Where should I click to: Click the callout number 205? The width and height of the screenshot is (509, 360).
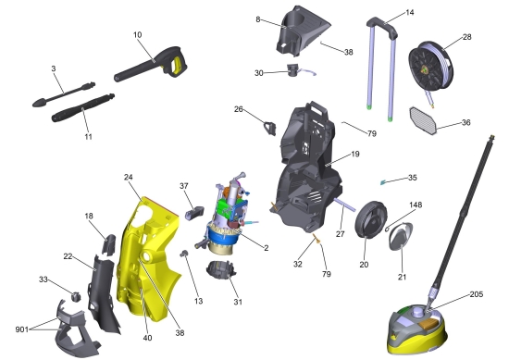(x=477, y=294)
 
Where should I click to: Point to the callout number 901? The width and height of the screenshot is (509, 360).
(x=22, y=329)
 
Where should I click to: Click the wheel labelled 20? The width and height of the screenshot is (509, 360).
(x=371, y=219)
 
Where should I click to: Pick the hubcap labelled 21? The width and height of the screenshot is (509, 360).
(x=401, y=236)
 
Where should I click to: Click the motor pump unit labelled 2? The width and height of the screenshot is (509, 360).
(x=226, y=215)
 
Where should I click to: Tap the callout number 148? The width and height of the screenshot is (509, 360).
(x=416, y=205)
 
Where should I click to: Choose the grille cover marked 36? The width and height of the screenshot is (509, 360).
(x=424, y=120)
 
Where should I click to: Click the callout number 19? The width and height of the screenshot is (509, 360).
(x=355, y=154)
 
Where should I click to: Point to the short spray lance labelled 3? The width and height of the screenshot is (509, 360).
(x=64, y=94)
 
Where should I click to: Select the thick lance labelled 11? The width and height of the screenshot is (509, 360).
(x=83, y=107)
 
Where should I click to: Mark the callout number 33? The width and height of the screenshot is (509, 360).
(x=43, y=279)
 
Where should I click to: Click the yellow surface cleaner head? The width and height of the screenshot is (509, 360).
(x=417, y=329)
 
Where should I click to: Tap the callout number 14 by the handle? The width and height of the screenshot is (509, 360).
(x=410, y=13)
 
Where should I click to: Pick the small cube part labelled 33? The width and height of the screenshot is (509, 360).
(x=76, y=296)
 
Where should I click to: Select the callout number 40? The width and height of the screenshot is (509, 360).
(x=147, y=338)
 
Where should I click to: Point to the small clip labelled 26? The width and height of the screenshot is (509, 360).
(x=270, y=128)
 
